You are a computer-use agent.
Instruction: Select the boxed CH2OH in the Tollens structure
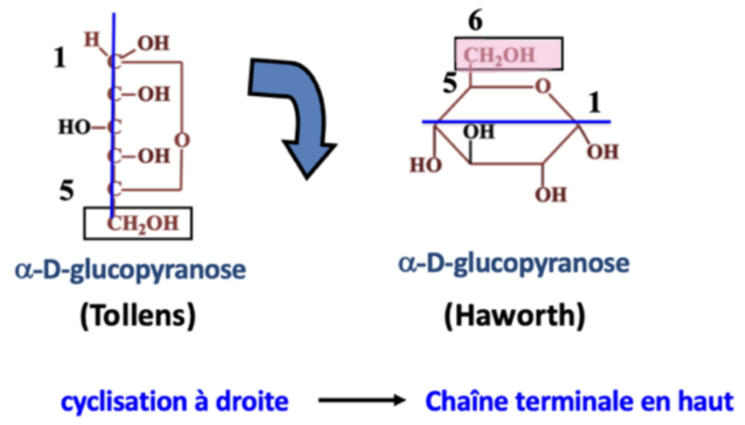139,223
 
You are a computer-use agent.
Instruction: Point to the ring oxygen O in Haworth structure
545,89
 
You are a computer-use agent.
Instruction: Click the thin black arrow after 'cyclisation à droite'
360,403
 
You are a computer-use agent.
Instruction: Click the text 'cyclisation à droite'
174,403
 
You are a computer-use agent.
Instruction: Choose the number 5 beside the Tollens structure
67,192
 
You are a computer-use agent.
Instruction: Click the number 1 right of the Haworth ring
594,103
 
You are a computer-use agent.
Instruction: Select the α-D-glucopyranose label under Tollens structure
129,269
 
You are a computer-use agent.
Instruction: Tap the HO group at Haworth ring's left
425,164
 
